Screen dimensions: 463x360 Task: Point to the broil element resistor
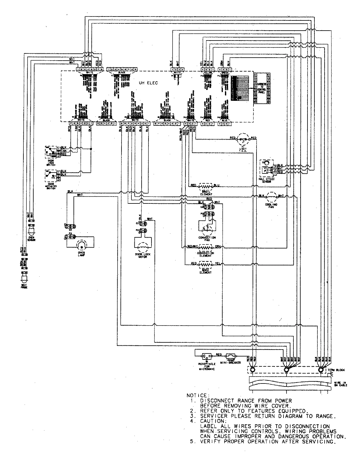205,186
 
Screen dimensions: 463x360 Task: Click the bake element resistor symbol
205,265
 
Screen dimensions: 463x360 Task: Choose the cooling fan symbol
271,197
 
